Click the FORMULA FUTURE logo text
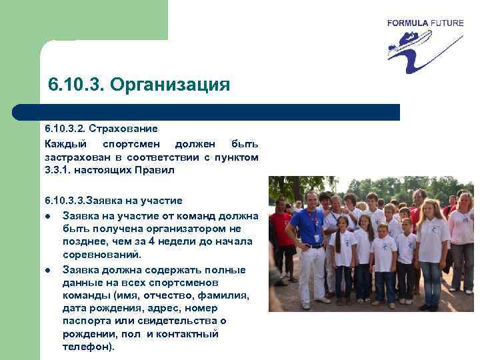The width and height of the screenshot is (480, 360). (425, 23)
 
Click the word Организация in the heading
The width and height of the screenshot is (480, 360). (170, 86)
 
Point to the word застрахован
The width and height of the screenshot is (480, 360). (74, 157)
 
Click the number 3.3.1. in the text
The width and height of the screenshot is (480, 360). (61, 170)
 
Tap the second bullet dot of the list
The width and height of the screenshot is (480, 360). (48, 270)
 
